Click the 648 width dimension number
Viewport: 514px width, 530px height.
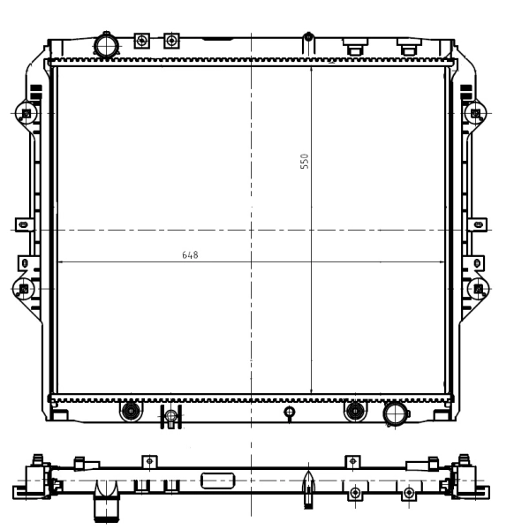click(190, 255)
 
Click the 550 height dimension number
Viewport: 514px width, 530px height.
click(304, 162)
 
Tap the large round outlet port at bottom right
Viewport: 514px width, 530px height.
click(393, 413)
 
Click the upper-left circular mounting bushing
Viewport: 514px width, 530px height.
click(26, 114)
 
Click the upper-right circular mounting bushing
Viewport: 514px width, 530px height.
click(478, 114)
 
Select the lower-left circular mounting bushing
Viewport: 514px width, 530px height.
click(24, 289)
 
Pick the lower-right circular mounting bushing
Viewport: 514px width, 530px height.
click(479, 289)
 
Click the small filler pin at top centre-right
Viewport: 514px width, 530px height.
click(308, 38)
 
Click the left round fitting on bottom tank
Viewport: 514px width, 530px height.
click(131, 410)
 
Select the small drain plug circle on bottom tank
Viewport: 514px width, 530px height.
click(289, 412)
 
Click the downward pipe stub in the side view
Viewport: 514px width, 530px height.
click(107, 509)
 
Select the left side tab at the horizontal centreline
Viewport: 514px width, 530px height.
click(26, 226)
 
